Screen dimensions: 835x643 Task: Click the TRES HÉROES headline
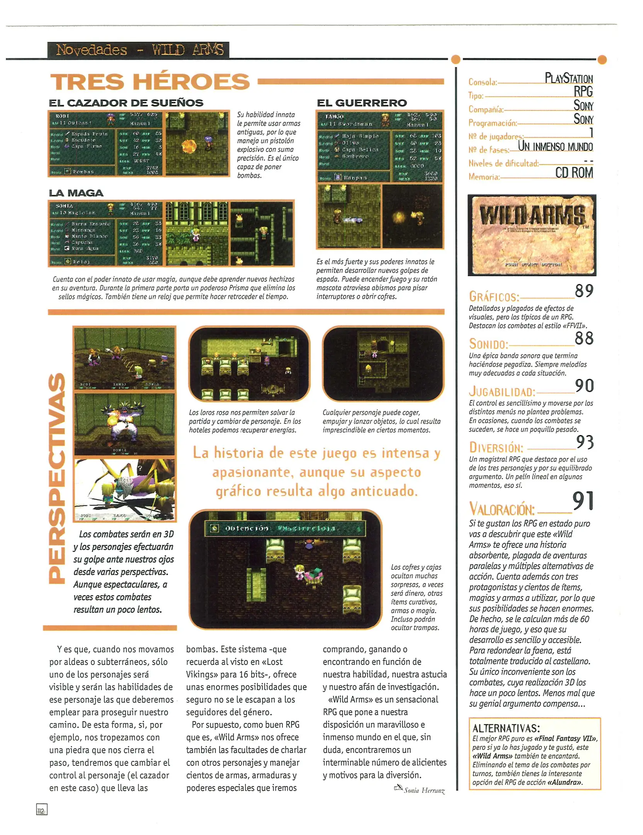click(x=150, y=82)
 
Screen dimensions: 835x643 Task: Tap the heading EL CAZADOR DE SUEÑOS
click(x=126, y=103)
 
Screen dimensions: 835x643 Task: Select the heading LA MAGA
click(x=76, y=193)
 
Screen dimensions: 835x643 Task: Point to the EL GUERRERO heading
click(x=362, y=103)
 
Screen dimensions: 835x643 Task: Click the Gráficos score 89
click(x=584, y=291)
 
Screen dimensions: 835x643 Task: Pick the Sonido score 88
click(x=584, y=338)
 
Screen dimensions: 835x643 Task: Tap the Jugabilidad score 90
click(x=584, y=385)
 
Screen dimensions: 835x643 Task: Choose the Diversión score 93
click(x=585, y=442)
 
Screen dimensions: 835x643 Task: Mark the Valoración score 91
click(x=583, y=501)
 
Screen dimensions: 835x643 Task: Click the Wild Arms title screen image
click(x=532, y=235)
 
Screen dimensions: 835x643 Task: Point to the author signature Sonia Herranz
click(x=424, y=791)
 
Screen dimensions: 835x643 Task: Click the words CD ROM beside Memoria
click(x=574, y=173)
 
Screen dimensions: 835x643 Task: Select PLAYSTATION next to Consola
click(x=568, y=78)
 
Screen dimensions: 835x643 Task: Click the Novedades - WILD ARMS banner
click(x=138, y=50)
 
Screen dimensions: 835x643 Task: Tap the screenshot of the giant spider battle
click(x=124, y=490)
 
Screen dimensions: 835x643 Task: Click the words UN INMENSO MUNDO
click(x=555, y=147)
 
